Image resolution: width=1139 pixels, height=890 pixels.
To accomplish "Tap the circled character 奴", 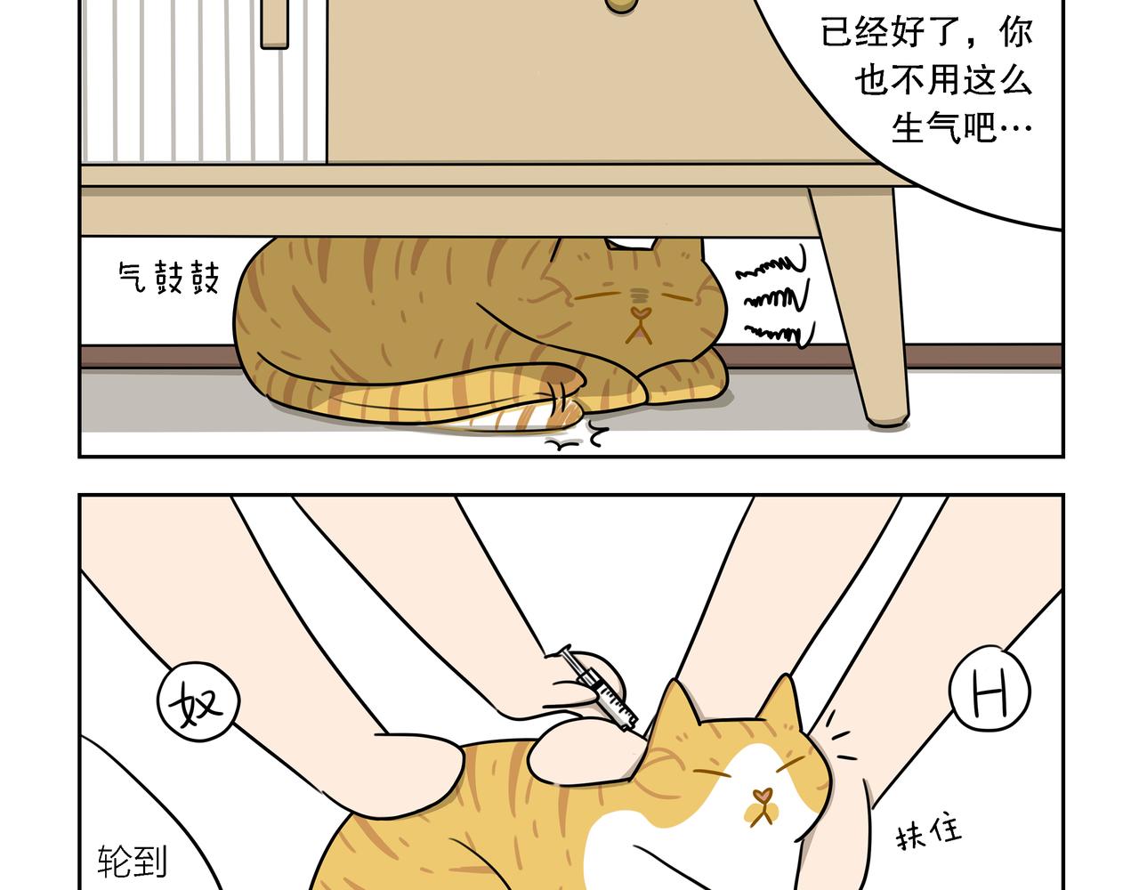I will tap(198, 703).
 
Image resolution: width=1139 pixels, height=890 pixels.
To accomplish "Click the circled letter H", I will tap(990, 692).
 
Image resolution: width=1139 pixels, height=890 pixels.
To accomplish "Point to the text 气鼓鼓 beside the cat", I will tap(169, 277).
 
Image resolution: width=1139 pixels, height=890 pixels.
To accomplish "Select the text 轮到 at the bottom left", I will tap(132, 862).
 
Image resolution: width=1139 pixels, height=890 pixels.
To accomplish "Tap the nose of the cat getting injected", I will tap(761, 794).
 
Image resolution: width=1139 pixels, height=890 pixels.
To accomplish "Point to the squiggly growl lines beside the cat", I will tap(775, 299).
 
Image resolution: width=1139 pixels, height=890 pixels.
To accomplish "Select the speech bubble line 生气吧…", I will tap(961, 128).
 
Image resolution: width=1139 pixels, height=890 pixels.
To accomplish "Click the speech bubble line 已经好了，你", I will tap(925, 33).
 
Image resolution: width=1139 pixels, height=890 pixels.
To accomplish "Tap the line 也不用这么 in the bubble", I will tap(943, 81).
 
